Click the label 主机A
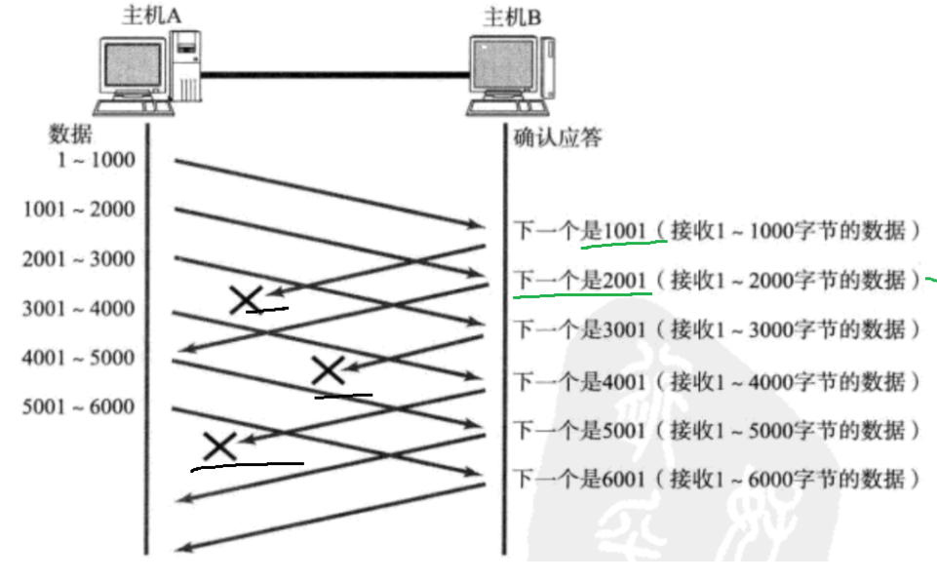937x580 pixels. (x=146, y=16)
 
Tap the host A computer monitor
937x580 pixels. (x=133, y=66)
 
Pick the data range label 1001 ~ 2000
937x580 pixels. (x=79, y=210)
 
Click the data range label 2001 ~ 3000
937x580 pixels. (x=79, y=259)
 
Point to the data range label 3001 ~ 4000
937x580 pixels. (x=79, y=309)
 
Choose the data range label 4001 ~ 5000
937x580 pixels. (x=79, y=358)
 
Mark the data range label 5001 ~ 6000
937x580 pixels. (x=79, y=406)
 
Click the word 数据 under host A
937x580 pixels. (x=70, y=135)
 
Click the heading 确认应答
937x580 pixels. (x=558, y=136)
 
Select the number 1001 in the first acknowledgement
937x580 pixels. (x=625, y=231)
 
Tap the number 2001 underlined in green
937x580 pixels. (x=625, y=281)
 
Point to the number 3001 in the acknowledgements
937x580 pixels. (x=625, y=330)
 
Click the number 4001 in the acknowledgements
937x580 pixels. (x=625, y=380)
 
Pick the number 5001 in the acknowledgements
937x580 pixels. (x=625, y=430)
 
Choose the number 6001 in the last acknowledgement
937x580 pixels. (x=625, y=480)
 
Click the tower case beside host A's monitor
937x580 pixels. (x=186, y=66)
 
